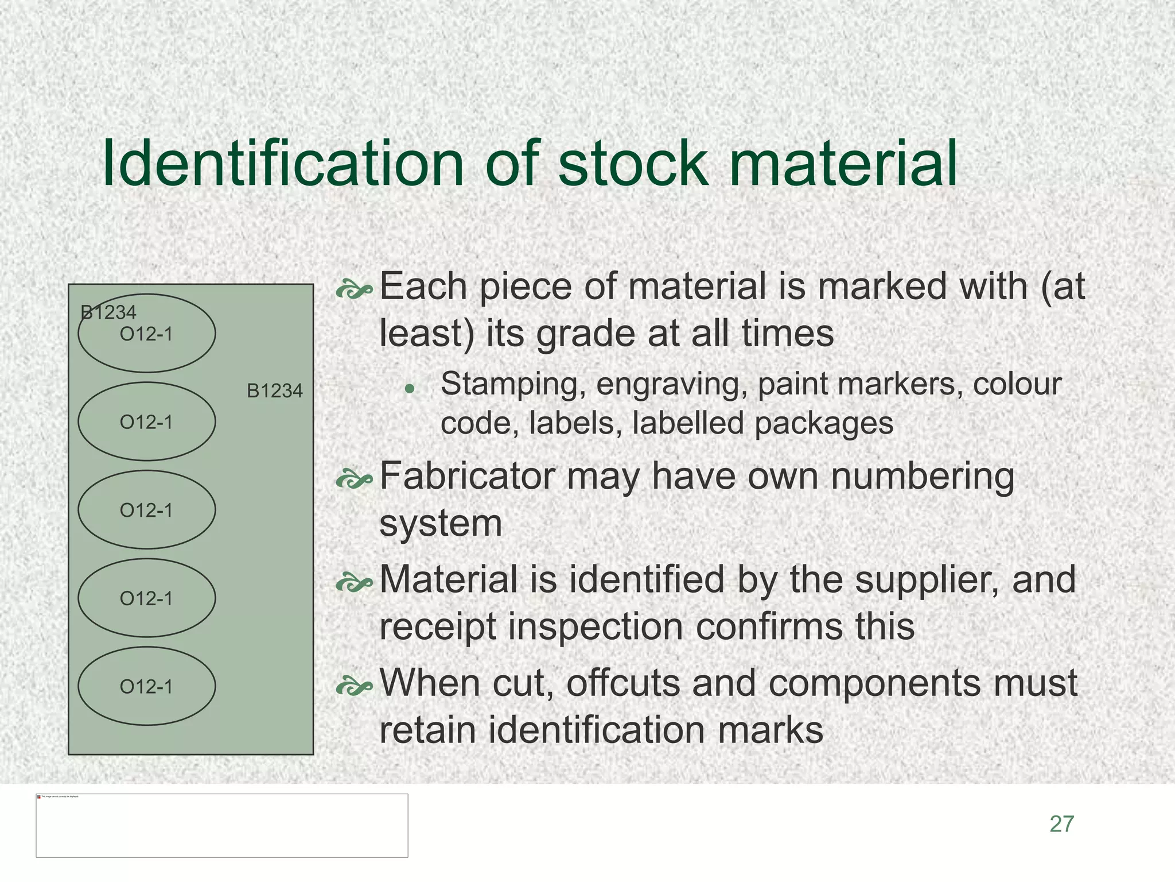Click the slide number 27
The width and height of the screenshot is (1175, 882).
pos(1061,824)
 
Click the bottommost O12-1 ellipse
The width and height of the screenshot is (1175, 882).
pos(147,686)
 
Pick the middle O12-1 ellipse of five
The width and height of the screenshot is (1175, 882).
pos(147,510)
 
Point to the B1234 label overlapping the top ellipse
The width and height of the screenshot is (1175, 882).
pos(108,313)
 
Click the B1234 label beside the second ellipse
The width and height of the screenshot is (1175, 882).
pos(274,391)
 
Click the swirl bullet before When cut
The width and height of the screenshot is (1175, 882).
pos(354,686)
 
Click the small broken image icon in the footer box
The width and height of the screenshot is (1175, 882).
pos(39,797)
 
